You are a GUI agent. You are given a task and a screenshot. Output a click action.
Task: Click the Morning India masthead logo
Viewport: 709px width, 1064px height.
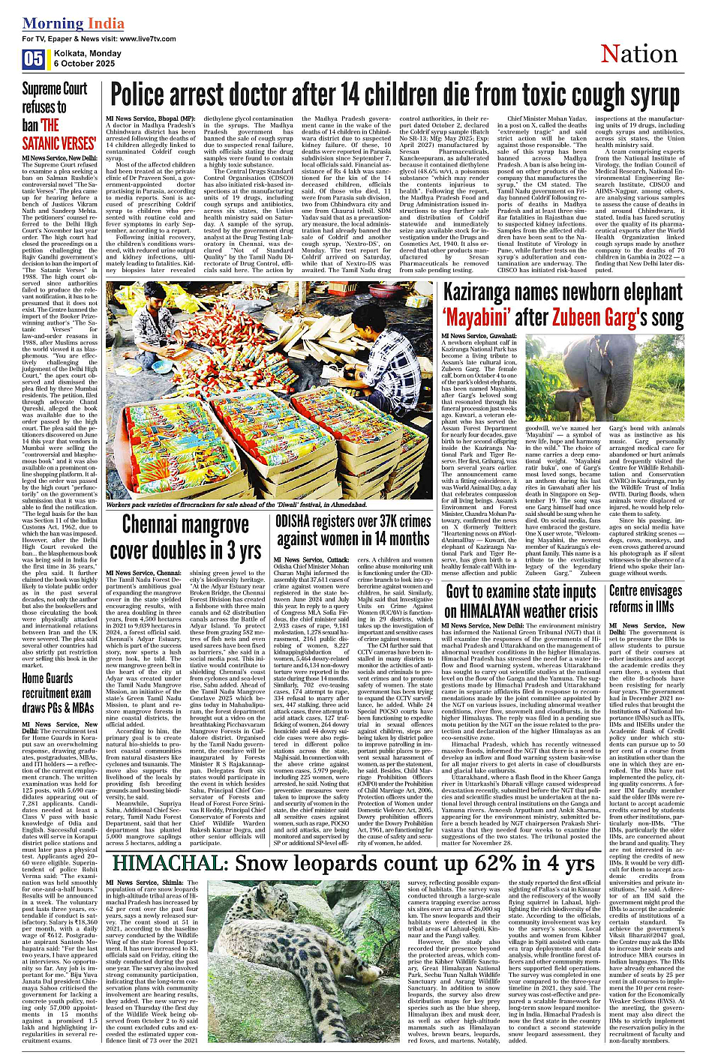pos(73,23)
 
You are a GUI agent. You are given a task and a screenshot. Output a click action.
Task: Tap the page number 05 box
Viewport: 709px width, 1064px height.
pos(34,58)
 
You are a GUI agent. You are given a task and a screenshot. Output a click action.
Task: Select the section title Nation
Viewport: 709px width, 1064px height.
pos(638,54)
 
